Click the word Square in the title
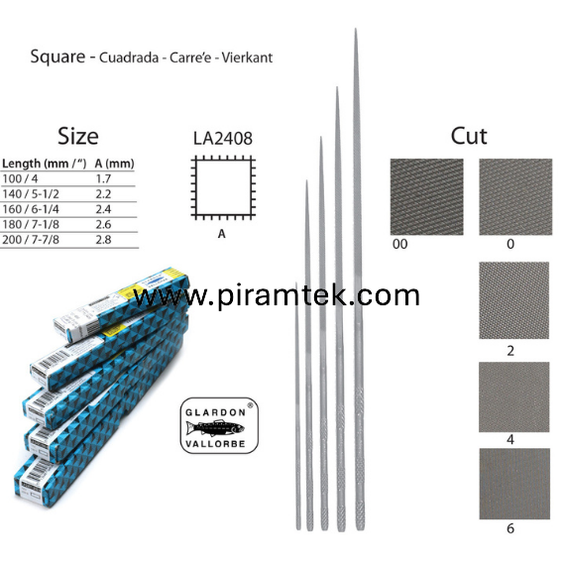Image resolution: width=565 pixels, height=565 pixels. click(x=58, y=56)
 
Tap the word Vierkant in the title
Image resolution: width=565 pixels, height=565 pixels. click(x=247, y=57)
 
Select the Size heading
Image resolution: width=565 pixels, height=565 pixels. click(x=78, y=136)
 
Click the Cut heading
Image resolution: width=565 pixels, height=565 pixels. click(x=469, y=136)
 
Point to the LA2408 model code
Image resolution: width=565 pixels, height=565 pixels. click(x=223, y=139)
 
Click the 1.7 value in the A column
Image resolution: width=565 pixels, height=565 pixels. click(x=103, y=178)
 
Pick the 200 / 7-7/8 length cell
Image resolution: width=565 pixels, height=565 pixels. click(x=31, y=240)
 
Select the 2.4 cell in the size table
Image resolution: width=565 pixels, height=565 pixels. click(x=103, y=209)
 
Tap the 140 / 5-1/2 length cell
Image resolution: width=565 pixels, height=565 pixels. click(x=31, y=194)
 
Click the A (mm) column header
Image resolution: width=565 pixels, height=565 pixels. click(x=114, y=164)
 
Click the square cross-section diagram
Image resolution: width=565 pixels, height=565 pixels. click(x=223, y=187)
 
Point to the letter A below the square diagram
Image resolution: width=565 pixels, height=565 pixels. click(x=222, y=234)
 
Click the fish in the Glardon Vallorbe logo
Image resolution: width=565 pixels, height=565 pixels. click(x=215, y=428)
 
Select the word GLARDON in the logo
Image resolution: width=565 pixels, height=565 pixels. click(x=215, y=412)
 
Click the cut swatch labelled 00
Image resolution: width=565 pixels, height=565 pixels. click(x=426, y=196)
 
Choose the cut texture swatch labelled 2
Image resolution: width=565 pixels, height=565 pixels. click(x=513, y=300)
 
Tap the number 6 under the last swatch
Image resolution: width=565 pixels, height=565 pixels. click(x=510, y=528)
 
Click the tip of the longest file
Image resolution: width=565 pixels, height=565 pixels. click(x=356, y=29)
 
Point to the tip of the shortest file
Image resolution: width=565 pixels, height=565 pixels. click(x=296, y=283)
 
